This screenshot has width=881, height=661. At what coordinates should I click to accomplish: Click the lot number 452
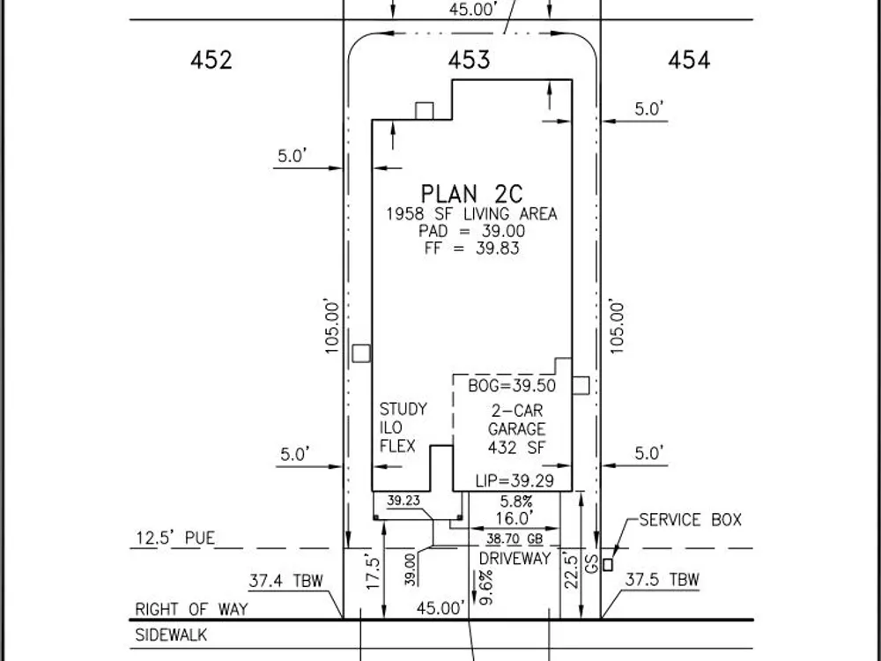[x=211, y=61]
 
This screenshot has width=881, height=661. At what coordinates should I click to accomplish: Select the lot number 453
[x=469, y=61]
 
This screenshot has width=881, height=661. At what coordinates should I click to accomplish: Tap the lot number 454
[x=689, y=61]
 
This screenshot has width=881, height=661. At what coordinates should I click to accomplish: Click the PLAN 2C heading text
[x=471, y=194]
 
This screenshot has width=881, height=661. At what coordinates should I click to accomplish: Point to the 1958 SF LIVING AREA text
[x=471, y=214]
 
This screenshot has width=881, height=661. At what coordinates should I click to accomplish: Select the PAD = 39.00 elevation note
[x=471, y=231]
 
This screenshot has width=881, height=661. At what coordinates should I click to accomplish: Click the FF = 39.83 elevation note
[x=471, y=249]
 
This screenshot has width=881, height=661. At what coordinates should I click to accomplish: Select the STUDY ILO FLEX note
[x=403, y=427]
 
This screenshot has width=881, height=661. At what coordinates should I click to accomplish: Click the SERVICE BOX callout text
[x=690, y=520]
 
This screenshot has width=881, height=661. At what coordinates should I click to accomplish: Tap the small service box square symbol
[x=607, y=564]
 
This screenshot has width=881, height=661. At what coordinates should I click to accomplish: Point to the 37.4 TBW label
[x=286, y=581]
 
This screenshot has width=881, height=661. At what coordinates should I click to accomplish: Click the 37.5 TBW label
[x=662, y=581]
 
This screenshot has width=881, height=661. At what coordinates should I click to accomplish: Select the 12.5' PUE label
[x=174, y=538]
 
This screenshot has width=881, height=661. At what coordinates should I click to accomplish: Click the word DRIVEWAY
[x=515, y=559]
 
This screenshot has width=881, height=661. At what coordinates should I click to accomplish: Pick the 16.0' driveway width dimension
[x=515, y=518]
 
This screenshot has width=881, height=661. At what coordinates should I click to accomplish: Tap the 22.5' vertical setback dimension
[x=570, y=572]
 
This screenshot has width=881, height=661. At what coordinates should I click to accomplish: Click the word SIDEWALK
[x=171, y=635]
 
